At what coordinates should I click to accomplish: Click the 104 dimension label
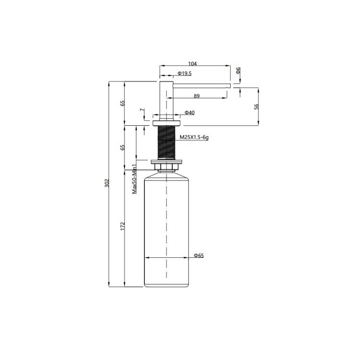point(192,63)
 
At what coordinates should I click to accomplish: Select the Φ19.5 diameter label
point(184,73)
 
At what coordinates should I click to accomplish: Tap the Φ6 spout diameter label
point(238,70)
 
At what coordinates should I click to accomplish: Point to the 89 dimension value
point(196,96)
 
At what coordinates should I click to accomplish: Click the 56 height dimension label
point(256,107)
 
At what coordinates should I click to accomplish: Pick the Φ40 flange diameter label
point(190,112)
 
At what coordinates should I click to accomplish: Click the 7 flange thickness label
point(143,110)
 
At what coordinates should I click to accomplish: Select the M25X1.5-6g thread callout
point(194,137)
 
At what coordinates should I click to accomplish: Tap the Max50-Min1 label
point(135,179)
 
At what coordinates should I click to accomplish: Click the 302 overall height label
point(107,183)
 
